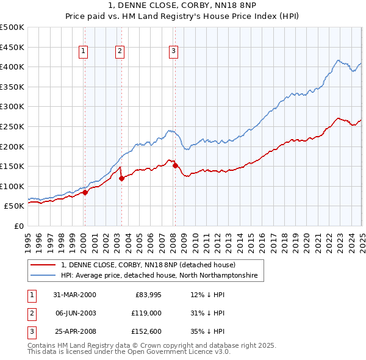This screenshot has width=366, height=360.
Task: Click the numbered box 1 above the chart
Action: [x=83, y=51]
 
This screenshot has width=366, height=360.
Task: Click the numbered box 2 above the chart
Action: [x=120, y=51]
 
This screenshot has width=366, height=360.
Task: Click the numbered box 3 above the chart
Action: [x=174, y=51]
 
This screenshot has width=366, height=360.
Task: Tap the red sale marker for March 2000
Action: [x=85, y=192]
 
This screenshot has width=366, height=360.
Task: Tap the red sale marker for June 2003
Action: [x=121, y=178]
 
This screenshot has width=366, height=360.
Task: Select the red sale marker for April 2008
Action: [x=176, y=165]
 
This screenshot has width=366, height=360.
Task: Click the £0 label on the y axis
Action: [x=18, y=226]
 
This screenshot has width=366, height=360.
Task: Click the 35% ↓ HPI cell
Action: [x=207, y=332]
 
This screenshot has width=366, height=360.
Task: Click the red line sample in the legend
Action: [x=44, y=265]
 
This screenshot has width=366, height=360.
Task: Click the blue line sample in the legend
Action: [x=44, y=276]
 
